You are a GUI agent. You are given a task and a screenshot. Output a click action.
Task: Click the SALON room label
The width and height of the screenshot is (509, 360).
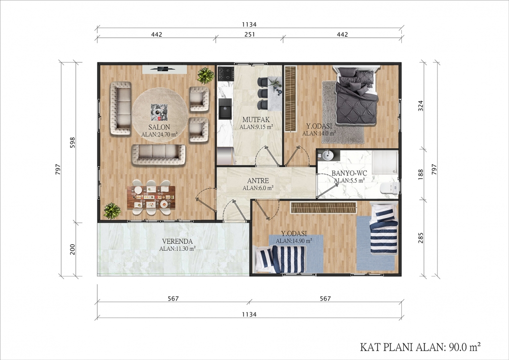[159, 127]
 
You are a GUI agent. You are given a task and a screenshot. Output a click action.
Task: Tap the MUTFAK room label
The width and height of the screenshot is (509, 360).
[256, 120]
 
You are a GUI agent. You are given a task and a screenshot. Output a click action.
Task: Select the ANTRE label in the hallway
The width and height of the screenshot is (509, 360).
[258, 180]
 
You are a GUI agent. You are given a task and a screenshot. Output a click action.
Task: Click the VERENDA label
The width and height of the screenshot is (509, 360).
[177, 241]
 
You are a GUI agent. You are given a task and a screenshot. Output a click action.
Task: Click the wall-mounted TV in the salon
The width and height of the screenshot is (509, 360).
[164, 69]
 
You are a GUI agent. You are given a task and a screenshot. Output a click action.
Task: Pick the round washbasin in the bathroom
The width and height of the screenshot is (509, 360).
[327, 156]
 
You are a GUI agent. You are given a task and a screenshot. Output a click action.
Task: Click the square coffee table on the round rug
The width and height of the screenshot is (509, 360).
[159, 112]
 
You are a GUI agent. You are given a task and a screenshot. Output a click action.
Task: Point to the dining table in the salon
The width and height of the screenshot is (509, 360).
[151, 197]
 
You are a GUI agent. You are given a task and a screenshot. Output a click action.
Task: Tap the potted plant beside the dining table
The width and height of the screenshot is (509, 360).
[112, 211]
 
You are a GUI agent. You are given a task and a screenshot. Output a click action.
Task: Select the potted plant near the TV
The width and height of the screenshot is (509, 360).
[206, 75]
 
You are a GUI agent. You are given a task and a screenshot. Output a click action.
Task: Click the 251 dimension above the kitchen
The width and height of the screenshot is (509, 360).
[249, 34]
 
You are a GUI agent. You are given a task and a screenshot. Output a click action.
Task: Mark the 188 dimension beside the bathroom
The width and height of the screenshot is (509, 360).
[421, 175]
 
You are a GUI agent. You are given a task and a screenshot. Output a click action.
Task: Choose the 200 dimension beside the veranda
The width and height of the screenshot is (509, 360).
[73, 249]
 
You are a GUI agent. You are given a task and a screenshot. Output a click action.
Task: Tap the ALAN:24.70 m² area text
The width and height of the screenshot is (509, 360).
[160, 134]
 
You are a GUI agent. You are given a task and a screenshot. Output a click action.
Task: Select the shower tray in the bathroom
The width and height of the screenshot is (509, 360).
[384, 162]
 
